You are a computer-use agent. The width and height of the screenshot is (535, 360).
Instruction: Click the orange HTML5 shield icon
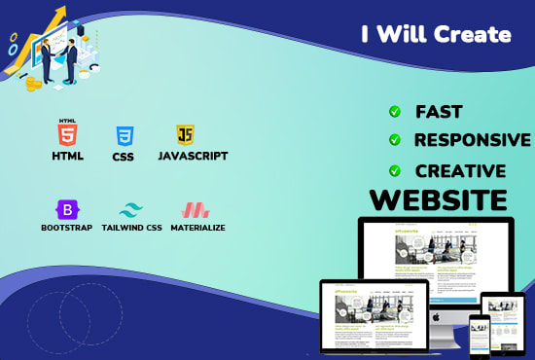tap(67, 134)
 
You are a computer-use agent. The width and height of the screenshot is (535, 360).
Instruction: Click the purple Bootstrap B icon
tap(67, 208)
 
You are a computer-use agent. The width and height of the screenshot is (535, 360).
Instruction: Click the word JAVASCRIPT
tap(193, 156)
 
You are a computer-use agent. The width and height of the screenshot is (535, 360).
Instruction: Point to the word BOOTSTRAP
tap(67, 228)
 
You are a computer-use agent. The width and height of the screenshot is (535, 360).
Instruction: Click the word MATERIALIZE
tap(198, 228)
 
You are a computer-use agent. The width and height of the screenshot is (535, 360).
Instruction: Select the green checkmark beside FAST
tap(394, 112)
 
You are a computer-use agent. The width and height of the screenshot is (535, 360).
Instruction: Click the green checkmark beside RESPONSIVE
tap(394, 140)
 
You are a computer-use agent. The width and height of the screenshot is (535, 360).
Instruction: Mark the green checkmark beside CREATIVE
tap(394, 170)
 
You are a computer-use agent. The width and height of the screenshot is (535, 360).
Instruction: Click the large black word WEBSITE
tap(439, 200)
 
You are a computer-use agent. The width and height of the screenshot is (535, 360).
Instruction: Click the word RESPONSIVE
tap(473, 140)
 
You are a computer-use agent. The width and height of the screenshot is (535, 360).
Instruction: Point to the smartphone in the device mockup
tap(479, 335)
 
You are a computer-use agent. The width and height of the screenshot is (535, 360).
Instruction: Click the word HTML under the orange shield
tap(68, 156)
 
